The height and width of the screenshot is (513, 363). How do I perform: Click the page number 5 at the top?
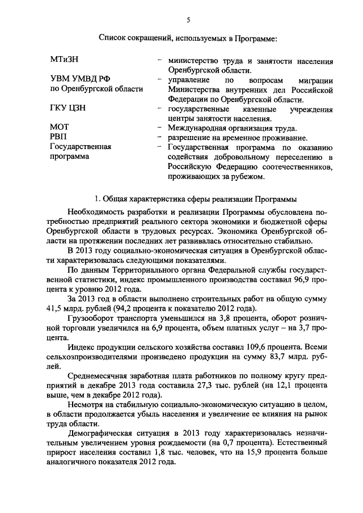(x=187, y=21)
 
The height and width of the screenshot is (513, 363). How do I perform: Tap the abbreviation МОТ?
(x=59, y=128)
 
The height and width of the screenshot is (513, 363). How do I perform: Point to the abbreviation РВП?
(x=58, y=138)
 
